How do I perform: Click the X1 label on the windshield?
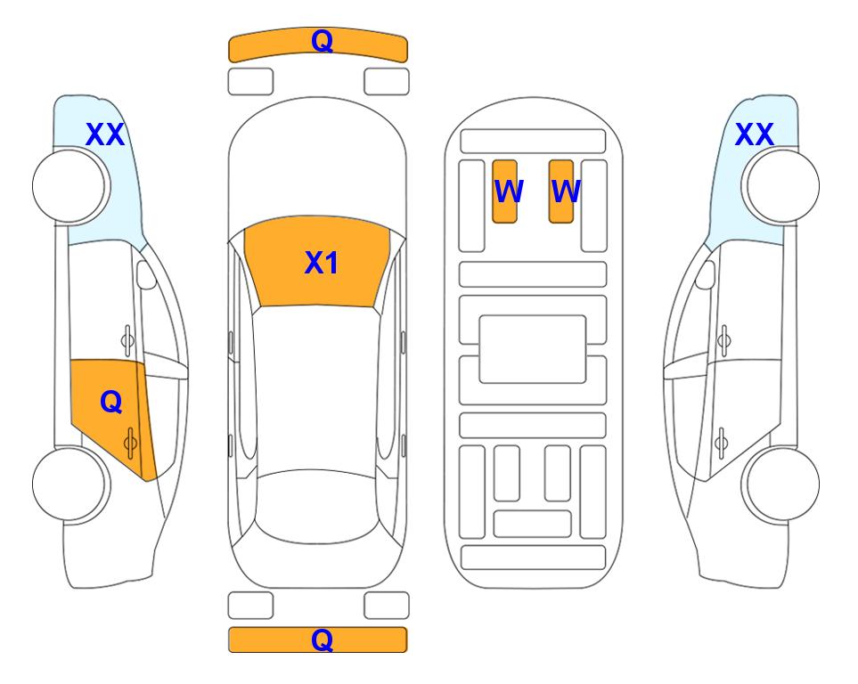point(322,263)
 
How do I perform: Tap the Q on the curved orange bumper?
point(322,41)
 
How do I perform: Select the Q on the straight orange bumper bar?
point(322,639)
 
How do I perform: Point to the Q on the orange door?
point(111,403)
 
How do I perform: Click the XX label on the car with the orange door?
point(105,134)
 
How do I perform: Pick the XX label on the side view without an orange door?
point(754,134)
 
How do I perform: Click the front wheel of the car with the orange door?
point(71,186)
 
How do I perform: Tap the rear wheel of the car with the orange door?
point(71,484)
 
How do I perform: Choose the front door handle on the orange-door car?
point(127,340)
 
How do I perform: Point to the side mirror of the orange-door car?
point(146,274)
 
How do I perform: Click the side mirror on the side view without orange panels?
point(706,274)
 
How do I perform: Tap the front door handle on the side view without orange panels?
point(723,340)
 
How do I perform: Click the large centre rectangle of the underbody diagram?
point(533,349)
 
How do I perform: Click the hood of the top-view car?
point(317,164)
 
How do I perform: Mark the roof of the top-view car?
point(317,388)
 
